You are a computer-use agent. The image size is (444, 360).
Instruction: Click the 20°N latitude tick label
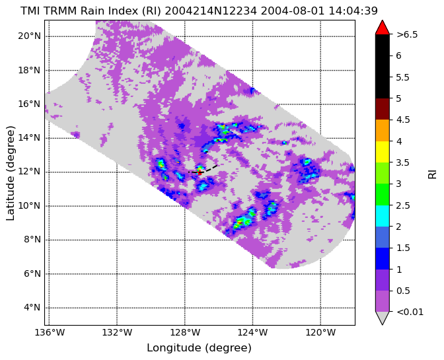pyautogui.click(x=30, y=36)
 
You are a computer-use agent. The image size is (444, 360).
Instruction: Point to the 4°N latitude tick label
pyautogui.click(x=32, y=308)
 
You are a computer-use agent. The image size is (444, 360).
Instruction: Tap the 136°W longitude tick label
pyautogui.click(x=50, y=332)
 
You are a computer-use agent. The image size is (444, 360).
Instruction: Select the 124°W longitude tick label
pyautogui.click(x=252, y=332)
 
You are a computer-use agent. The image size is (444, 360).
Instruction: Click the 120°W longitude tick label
pyautogui.click(x=320, y=332)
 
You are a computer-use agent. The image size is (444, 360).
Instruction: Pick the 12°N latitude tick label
pyautogui.click(x=30, y=172)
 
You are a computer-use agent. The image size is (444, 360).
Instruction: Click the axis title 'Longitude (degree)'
pyautogui.click(x=199, y=348)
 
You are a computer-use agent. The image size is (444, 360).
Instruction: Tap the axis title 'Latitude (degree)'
pyautogui.click(x=10, y=173)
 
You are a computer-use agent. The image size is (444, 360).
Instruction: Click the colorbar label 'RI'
pyautogui.click(x=432, y=173)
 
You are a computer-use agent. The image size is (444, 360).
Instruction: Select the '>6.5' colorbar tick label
pyautogui.click(x=407, y=34)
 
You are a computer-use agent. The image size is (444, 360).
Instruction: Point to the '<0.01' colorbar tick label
pyautogui.click(x=410, y=312)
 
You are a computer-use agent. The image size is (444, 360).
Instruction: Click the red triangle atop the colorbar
pyautogui.click(x=383, y=27)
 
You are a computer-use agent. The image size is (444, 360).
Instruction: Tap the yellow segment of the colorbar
pyautogui.click(x=383, y=152)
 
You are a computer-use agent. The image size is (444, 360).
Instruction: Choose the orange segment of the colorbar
pyautogui.click(x=383, y=131)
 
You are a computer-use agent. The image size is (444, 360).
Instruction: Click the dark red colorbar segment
pyautogui.click(x=383, y=109)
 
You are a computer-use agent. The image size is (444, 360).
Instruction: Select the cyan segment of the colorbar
pyautogui.click(x=383, y=215)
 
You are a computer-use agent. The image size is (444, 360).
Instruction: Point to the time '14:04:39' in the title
pyautogui.click(x=353, y=11)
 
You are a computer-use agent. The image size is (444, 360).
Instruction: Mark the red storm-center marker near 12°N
pyautogui.click(x=200, y=172)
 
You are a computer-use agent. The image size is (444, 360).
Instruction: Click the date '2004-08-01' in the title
pyautogui.click(x=293, y=11)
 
